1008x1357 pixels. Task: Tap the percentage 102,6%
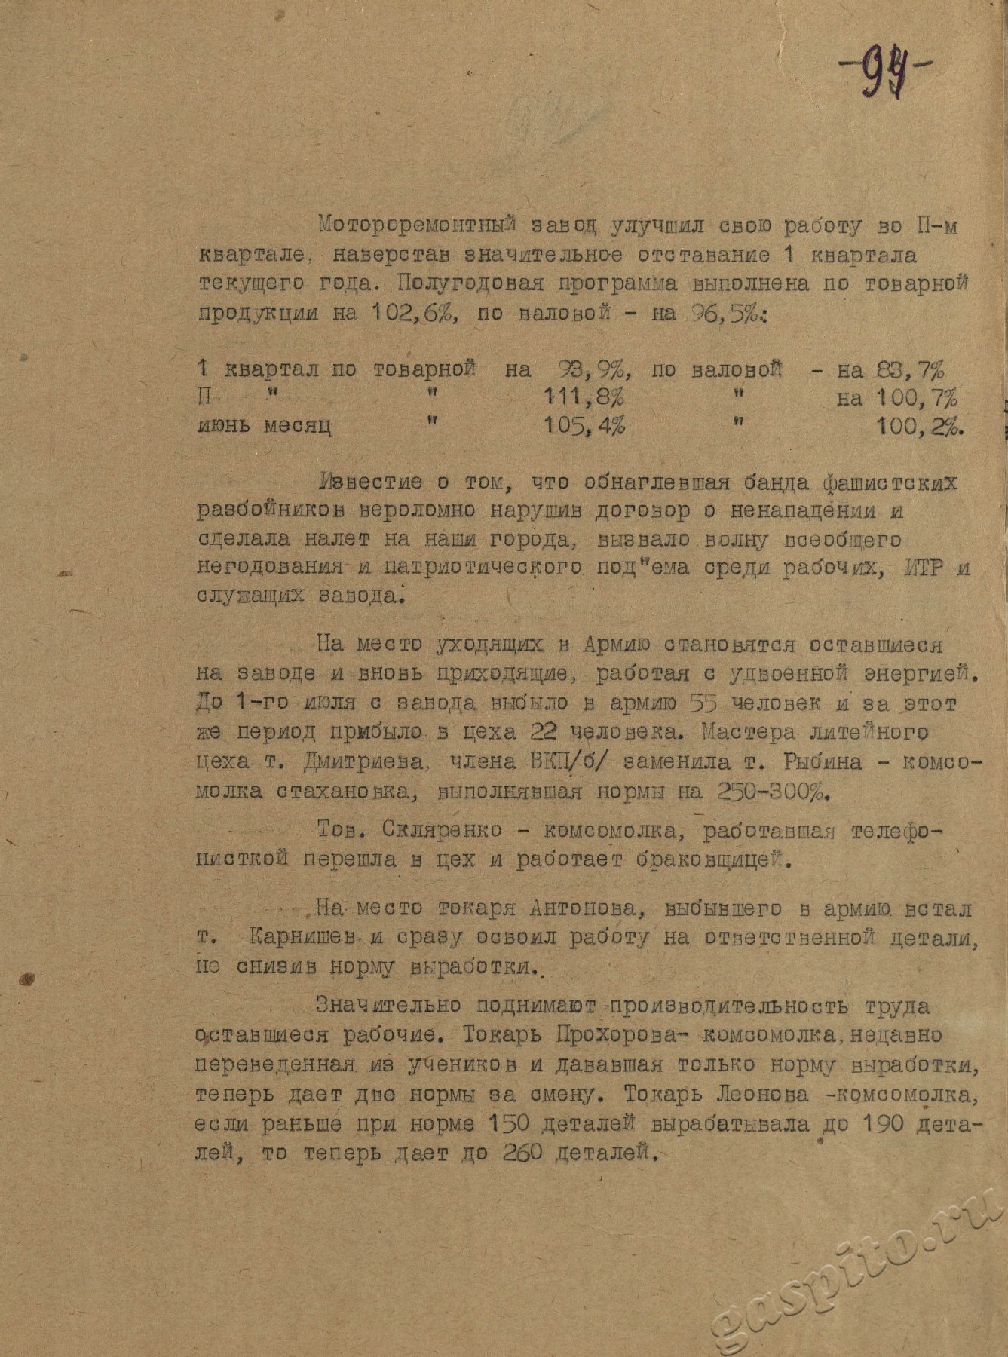[x=395, y=314]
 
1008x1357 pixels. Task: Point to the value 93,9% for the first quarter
[x=593, y=370]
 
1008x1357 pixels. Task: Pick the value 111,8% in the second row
[x=584, y=398]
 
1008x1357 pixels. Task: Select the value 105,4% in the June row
[x=584, y=426]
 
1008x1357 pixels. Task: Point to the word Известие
[x=372, y=482]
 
